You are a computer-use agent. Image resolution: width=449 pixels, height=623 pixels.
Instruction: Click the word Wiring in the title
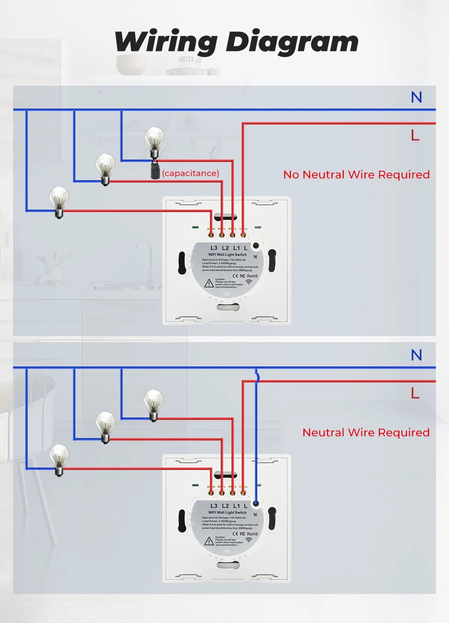[x=166, y=42]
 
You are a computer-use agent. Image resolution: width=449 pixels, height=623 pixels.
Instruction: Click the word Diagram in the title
[x=292, y=42]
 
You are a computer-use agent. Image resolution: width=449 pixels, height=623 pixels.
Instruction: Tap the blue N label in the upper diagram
[x=416, y=97]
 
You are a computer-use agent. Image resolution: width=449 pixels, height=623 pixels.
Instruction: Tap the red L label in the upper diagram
[x=415, y=135]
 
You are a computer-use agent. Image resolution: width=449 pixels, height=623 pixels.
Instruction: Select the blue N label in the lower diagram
[x=416, y=355]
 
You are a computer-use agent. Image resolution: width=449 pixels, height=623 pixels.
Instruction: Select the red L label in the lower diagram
[x=415, y=393]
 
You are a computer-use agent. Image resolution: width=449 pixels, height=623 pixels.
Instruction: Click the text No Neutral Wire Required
[x=356, y=175]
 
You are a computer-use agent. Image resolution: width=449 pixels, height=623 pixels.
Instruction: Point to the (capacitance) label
[x=190, y=173]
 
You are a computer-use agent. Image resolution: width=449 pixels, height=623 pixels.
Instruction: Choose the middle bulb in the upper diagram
[x=105, y=168]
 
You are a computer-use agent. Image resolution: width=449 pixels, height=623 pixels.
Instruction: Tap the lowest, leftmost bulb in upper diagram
[x=59, y=200]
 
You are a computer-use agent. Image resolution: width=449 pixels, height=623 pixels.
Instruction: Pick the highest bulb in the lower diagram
[x=153, y=403]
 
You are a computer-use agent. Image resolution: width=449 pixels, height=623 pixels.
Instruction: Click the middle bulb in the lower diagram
[x=105, y=425]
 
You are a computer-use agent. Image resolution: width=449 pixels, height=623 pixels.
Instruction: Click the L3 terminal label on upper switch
[x=214, y=248]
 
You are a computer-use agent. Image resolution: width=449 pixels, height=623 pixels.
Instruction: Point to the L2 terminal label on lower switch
[x=225, y=506]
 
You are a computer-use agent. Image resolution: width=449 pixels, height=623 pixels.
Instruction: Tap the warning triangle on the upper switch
[x=209, y=283]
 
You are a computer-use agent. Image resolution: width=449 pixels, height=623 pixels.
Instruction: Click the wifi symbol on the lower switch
[x=248, y=540]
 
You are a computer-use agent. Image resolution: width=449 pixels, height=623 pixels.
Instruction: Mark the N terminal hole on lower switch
[x=256, y=504]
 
